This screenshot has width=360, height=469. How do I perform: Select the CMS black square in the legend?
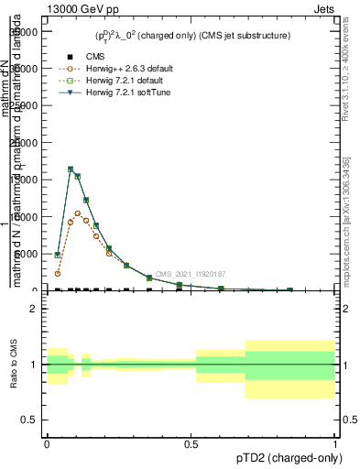point(71,57)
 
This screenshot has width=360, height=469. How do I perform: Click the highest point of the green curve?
point(71,169)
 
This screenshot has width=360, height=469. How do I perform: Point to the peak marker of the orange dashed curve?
point(78,213)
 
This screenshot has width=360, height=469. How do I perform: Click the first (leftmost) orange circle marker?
point(58,273)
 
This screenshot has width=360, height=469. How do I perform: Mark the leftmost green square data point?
point(58,256)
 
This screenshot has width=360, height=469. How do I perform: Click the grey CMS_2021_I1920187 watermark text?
point(190,274)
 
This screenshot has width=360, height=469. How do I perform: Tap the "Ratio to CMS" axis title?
point(14,365)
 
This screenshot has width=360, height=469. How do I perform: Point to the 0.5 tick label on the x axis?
point(191,442)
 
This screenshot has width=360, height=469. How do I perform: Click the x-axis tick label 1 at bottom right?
point(334,442)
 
